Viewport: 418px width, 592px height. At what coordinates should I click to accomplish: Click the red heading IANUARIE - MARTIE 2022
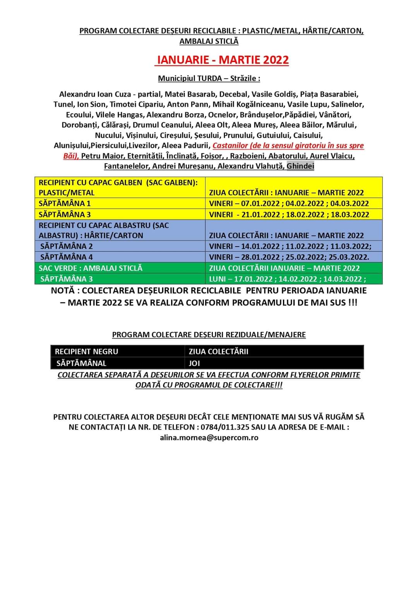pyautogui.click(x=222, y=60)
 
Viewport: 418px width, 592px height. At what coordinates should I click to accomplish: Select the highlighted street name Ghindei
pyautogui.click(x=300, y=166)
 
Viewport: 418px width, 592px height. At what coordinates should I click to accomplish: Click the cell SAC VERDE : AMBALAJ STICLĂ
pyautogui.click(x=91, y=268)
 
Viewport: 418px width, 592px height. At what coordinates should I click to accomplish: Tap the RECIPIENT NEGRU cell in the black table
pyautogui.click(x=86, y=352)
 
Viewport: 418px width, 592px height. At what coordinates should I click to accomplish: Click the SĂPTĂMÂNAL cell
pyautogui.click(x=81, y=363)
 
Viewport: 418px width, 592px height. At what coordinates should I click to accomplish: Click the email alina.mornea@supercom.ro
pyautogui.click(x=209, y=438)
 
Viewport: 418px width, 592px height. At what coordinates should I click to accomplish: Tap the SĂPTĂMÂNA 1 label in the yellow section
pyautogui.click(x=65, y=204)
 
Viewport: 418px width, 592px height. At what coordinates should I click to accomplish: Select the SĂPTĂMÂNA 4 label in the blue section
pyautogui.click(x=67, y=257)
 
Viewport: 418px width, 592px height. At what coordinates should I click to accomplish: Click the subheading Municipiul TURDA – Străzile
pyautogui.click(x=209, y=78)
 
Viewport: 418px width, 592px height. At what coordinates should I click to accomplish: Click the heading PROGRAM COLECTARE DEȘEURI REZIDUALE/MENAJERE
pyautogui.click(x=209, y=335)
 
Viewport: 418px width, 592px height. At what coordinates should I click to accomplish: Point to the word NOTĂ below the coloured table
pyautogui.click(x=65, y=290)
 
